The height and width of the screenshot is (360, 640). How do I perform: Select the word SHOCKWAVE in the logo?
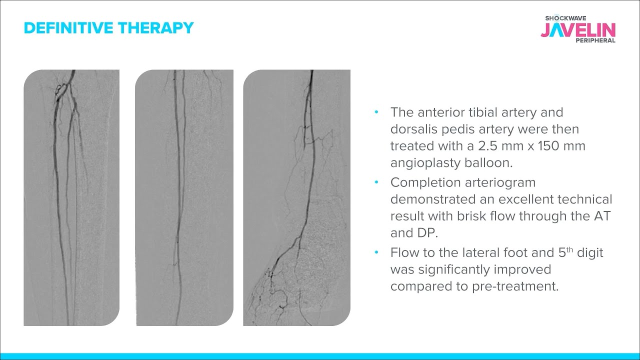(564, 17)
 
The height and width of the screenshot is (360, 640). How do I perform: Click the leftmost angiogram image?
(71, 197)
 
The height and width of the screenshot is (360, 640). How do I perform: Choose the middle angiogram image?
(184, 197)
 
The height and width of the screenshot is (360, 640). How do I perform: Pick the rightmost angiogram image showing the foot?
(296, 197)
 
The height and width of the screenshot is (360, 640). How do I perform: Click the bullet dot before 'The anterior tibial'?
(376, 112)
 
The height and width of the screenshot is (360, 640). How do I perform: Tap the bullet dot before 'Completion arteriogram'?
(376, 182)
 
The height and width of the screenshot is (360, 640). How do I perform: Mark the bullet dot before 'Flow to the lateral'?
(376, 253)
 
